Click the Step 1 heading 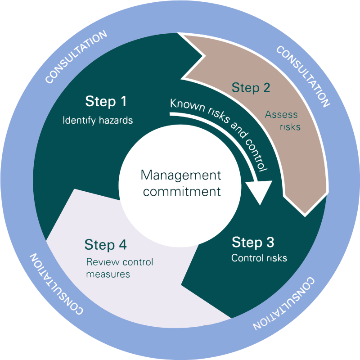point(106,102)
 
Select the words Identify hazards point(98,121)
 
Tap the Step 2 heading point(251,87)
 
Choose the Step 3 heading point(253,243)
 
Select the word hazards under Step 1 point(116,121)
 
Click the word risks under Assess point(290,127)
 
